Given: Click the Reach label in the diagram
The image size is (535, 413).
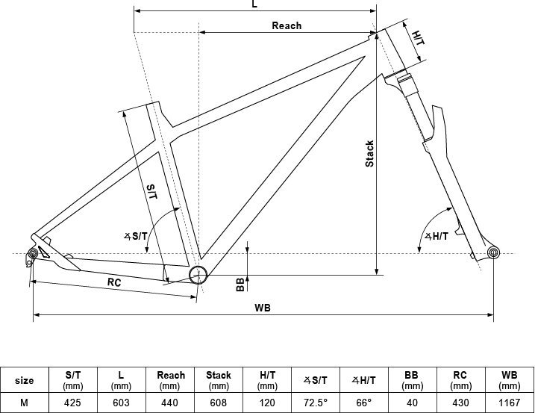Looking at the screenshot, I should pyautogui.click(x=287, y=25).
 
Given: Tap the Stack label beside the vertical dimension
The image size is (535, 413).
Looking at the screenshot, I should pyautogui.click(x=369, y=154).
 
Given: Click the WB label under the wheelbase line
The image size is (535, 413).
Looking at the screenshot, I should pyautogui.click(x=263, y=307).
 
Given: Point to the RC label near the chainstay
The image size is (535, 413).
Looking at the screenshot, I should pyautogui.click(x=114, y=282).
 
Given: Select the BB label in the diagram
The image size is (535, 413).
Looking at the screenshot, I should pyautogui.click(x=240, y=284).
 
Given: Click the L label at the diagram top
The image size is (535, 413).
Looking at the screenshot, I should pyautogui.click(x=254, y=4).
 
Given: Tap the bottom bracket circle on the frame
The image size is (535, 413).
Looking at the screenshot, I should pyautogui.click(x=198, y=274).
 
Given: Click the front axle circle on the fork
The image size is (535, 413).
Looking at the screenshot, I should pyautogui.click(x=493, y=253).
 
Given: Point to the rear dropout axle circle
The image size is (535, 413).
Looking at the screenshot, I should pyautogui.click(x=33, y=255).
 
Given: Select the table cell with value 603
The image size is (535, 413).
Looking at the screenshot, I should pyautogui.click(x=121, y=401).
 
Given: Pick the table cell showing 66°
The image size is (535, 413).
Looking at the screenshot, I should pyautogui.click(x=364, y=401).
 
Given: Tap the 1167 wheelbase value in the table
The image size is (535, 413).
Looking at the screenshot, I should pyautogui.click(x=510, y=401).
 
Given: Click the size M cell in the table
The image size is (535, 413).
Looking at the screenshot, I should pyautogui.click(x=25, y=401).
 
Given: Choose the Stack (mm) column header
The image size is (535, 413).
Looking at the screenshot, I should pyautogui.click(x=218, y=379).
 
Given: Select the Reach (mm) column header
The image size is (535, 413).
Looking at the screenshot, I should pyautogui.click(x=169, y=379).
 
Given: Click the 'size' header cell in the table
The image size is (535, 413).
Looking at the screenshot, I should pyautogui.click(x=25, y=380).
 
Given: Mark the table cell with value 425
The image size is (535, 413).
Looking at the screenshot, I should pyautogui.click(x=73, y=401).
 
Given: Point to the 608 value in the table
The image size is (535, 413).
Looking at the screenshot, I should pyautogui.click(x=218, y=401).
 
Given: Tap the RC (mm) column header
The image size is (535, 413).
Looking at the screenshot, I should pyautogui.click(x=461, y=379).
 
